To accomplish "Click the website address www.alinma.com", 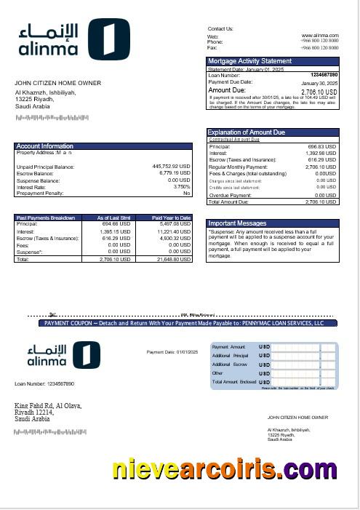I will [x=319, y=35].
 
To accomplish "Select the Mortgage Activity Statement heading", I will [x=250, y=61].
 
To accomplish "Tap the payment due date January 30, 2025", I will [x=320, y=82].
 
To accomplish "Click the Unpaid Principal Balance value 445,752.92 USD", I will [x=171, y=167].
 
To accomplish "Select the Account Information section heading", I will [x=45, y=146].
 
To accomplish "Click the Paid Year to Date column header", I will [x=172, y=218].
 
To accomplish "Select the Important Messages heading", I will [x=237, y=223].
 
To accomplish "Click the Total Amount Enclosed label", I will [x=233, y=381].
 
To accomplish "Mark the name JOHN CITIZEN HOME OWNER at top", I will [x=58, y=84].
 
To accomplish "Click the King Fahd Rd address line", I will [x=48, y=405].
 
